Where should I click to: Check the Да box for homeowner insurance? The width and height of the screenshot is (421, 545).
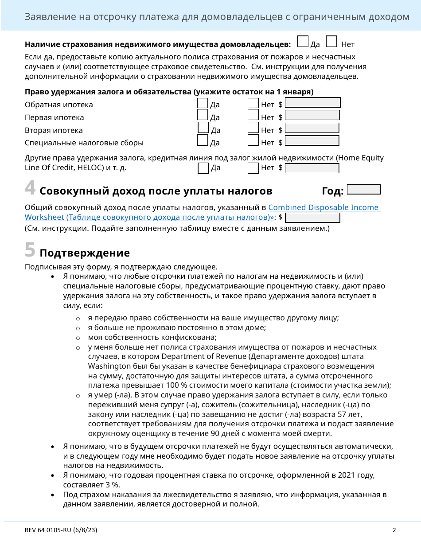[x=303, y=42]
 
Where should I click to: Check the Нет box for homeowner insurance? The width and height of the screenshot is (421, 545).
[x=331, y=42]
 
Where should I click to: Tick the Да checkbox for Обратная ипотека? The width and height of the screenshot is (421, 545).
[x=203, y=103]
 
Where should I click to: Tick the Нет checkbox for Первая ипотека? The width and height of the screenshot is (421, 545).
[x=253, y=115]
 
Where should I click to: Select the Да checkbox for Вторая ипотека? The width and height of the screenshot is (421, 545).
[x=203, y=128]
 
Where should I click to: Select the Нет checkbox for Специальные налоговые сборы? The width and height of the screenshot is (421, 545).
[x=253, y=140]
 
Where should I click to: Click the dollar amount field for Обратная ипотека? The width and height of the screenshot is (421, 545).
[x=313, y=103]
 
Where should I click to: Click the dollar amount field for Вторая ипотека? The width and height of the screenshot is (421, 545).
[x=312, y=128]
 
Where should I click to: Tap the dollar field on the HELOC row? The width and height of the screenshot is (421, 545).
[x=312, y=168]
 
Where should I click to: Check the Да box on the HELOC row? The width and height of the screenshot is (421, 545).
[x=203, y=168]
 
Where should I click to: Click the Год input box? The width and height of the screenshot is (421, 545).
[x=364, y=190]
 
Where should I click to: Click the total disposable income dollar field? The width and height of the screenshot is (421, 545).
[x=313, y=218]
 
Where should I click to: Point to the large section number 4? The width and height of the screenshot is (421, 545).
[x=30, y=188]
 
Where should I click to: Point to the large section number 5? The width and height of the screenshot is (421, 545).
[x=30, y=250]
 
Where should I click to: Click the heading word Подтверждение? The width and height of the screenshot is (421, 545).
[x=85, y=253]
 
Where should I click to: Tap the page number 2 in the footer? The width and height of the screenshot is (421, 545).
[x=394, y=530]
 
